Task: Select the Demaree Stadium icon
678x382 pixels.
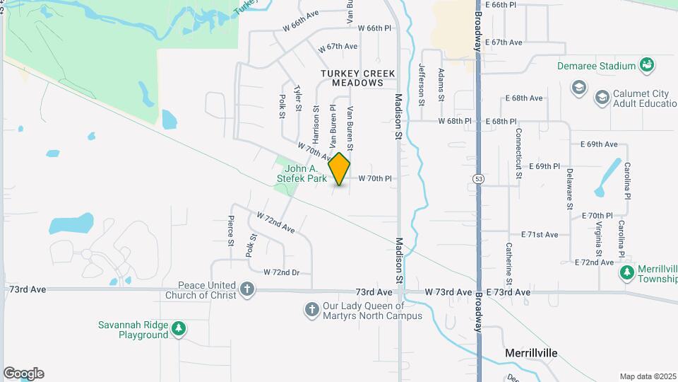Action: coord(646,66)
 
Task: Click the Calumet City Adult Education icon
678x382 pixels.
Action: coord(602,95)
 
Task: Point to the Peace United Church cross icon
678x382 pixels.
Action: coord(246,288)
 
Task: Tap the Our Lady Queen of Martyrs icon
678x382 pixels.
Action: coord(311,309)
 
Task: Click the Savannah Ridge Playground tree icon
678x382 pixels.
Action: coord(179,328)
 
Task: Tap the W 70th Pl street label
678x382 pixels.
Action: coord(374,179)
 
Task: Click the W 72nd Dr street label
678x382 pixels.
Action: coord(282,272)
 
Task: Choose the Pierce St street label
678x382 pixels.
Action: coord(231,231)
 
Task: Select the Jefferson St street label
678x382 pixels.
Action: coord(422,84)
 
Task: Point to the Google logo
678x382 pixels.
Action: coord(23,374)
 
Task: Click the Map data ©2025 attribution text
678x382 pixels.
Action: coord(648,376)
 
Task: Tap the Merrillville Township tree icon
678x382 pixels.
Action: coord(626,272)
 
